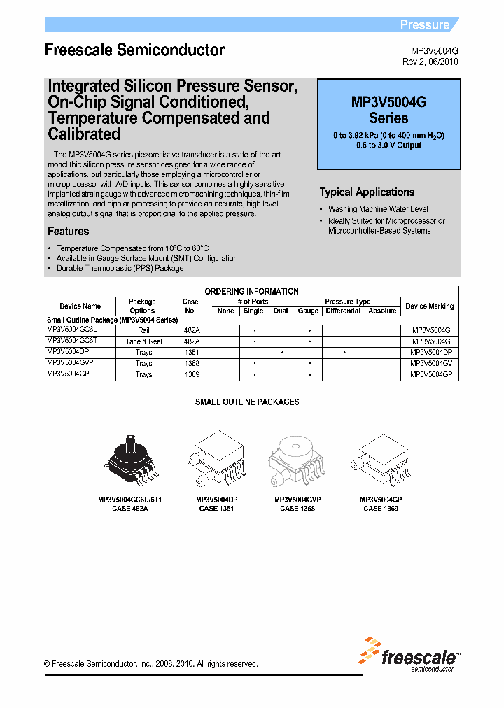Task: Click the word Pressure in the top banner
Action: pyautogui.click(x=424, y=25)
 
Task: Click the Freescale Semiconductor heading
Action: pyautogui.click(x=134, y=50)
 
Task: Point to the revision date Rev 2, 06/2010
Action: pyautogui.click(x=430, y=62)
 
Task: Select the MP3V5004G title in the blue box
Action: pyautogui.click(x=388, y=102)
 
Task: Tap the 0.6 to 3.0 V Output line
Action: pyautogui.click(x=388, y=146)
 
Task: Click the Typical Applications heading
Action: pyautogui.click(x=367, y=192)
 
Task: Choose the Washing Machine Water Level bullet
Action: pyautogui.click(x=378, y=209)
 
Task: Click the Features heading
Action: pyautogui.click(x=68, y=232)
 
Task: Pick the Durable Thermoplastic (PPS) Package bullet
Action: pyautogui.click(x=120, y=268)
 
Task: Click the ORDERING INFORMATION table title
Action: pyautogui.click(x=251, y=291)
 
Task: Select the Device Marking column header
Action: pyautogui.click(x=430, y=306)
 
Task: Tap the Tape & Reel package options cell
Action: pyautogui.click(x=143, y=341)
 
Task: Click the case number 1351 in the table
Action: pyautogui.click(x=190, y=353)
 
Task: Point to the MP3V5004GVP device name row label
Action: pyautogui.click(x=70, y=364)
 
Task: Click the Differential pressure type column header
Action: pyautogui.click(x=344, y=311)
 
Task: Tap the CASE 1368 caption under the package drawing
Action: pyautogui.click(x=297, y=509)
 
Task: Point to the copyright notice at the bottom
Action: pyautogui.click(x=151, y=664)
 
